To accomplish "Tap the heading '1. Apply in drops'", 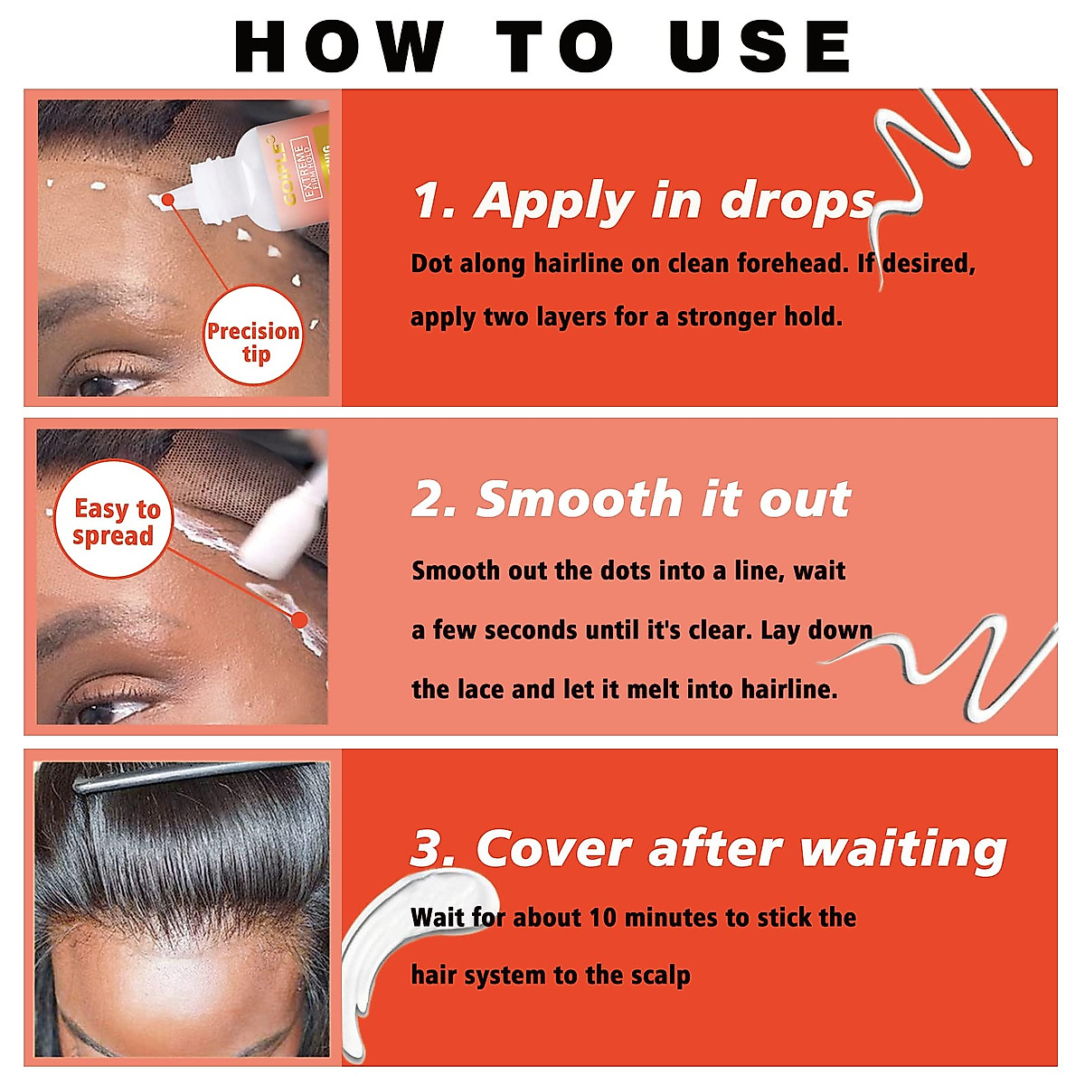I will tap(644, 201).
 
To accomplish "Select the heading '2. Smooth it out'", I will tap(631, 499).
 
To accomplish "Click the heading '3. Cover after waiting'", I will tap(708, 849).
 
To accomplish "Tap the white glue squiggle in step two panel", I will tap(958, 665).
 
